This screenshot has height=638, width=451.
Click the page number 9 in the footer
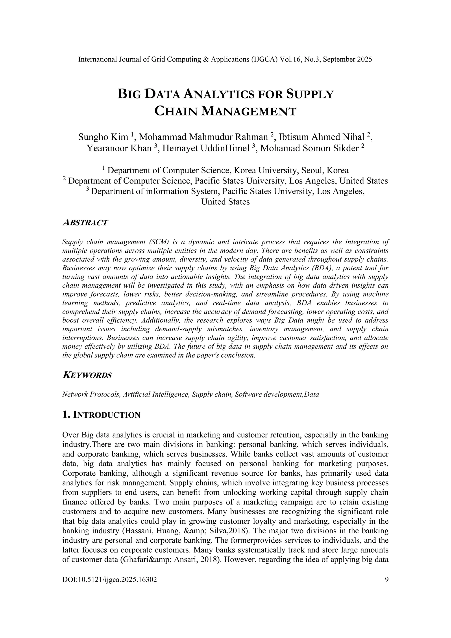[386, 580]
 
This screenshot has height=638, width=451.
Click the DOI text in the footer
[110, 580]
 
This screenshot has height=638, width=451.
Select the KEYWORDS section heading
[87, 375]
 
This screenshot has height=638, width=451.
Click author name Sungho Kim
[103, 137]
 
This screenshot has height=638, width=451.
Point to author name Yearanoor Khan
[119, 148]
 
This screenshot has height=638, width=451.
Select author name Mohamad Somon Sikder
[309, 148]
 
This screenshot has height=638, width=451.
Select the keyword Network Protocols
[91, 394]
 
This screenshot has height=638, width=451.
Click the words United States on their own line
[225, 202]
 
